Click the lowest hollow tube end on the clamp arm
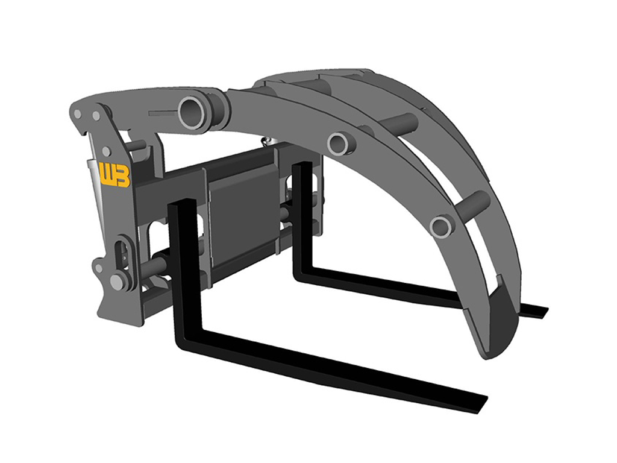tap(442, 227)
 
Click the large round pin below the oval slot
tap(117, 281)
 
